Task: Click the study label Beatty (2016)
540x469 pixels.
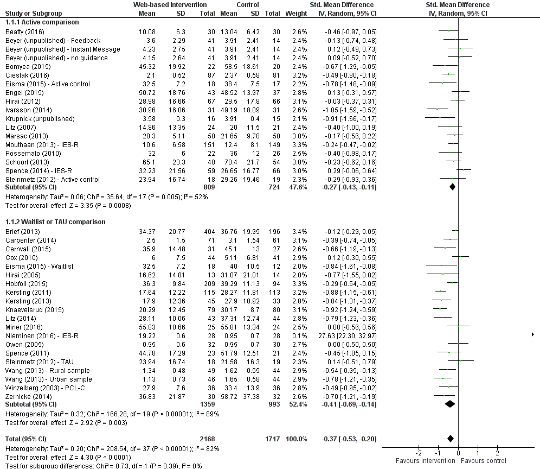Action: click(21, 31)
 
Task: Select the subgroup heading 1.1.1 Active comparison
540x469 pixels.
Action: click(42, 23)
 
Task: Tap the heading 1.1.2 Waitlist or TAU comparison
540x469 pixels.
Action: click(55, 222)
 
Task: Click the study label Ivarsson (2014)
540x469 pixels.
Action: click(24, 110)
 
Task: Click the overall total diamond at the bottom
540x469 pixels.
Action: click(451, 439)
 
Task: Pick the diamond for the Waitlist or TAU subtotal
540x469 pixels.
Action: click(450, 404)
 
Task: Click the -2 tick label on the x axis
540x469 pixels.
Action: click(418, 453)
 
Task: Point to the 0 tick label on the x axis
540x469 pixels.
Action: click(458, 453)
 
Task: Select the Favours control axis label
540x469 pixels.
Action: click(484, 461)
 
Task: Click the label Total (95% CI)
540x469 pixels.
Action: click(25, 439)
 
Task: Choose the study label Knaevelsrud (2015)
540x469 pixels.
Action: click(31, 309)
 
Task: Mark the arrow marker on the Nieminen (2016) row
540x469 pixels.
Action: click(532, 335)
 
